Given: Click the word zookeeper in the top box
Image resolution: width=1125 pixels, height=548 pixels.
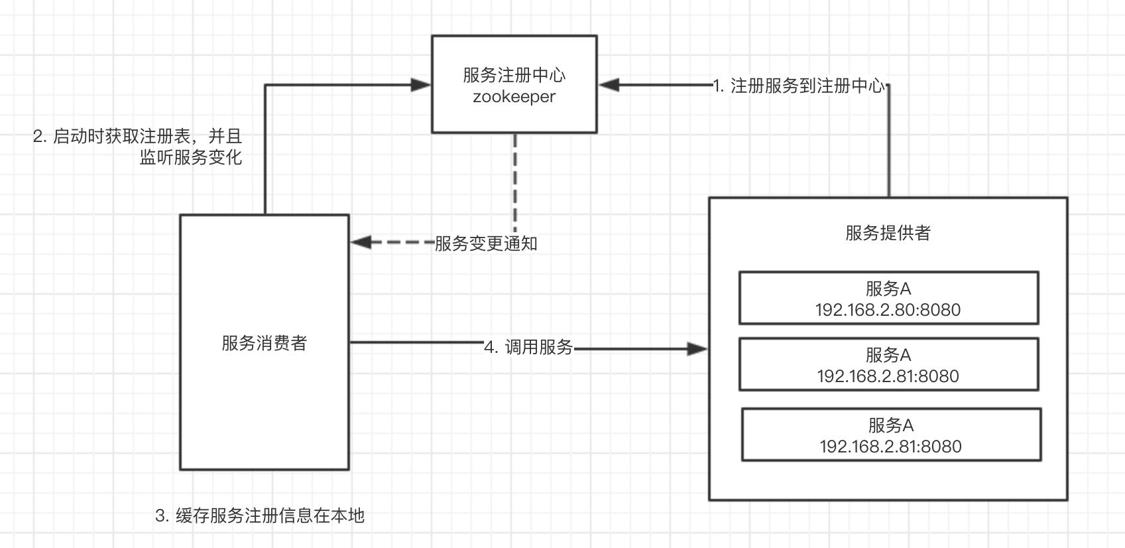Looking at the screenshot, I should click(514, 97).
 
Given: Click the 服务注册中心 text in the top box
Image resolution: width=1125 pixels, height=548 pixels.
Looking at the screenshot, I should click(514, 75).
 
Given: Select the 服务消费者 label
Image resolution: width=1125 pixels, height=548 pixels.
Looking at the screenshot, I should click(264, 343).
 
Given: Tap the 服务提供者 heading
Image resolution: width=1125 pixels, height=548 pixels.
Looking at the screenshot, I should click(888, 233).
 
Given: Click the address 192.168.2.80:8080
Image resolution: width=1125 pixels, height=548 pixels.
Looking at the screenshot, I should click(888, 310).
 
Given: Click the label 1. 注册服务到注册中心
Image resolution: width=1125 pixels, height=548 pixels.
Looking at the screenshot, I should click(798, 86).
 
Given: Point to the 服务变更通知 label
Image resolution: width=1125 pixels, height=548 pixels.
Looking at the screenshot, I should click(485, 243).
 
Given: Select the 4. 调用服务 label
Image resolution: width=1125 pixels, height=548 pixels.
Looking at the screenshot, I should click(528, 347).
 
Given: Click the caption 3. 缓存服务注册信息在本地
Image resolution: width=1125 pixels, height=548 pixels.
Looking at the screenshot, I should click(260, 515).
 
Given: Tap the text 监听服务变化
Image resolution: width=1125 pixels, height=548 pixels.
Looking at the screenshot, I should click(190, 157).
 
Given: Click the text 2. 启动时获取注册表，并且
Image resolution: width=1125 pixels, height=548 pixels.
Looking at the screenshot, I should click(138, 137).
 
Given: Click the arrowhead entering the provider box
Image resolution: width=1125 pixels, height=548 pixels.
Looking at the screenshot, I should click(697, 349).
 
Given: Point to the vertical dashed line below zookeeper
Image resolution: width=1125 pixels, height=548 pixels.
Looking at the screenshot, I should click(515, 179).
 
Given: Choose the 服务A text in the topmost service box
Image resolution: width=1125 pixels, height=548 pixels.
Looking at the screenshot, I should click(888, 289).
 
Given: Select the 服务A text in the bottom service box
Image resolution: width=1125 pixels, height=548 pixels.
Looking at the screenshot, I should click(890, 425).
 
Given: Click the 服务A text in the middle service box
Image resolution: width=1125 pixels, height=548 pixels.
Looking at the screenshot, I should click(888, 355).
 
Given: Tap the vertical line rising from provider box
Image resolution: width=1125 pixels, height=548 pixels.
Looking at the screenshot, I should click(889, 143).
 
